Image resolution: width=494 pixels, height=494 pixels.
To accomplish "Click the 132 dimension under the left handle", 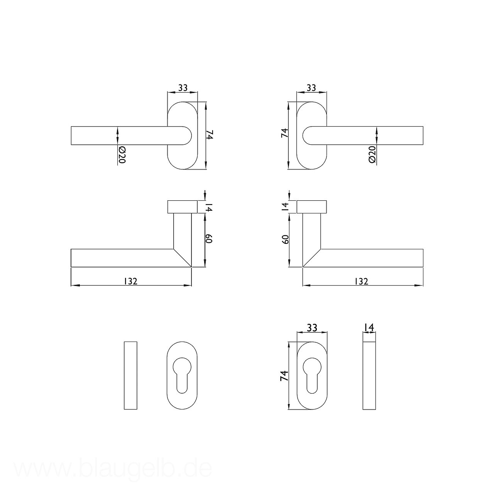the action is pos(131,281).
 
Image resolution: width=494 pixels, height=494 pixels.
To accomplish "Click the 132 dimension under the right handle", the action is pos(362,281).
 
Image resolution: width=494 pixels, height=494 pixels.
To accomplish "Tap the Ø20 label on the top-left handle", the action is pos(122,155).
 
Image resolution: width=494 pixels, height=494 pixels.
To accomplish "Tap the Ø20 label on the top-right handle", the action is pos(372,154).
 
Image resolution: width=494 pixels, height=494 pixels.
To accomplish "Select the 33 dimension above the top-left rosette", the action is pos(183,88).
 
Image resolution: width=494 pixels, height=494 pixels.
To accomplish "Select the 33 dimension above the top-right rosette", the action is pos(311,88).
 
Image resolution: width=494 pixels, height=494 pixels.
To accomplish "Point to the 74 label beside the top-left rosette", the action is pos(210,135).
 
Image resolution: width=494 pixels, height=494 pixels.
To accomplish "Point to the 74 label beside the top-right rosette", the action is pos(285,133).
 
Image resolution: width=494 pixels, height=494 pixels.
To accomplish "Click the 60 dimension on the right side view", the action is pos(285,239).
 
